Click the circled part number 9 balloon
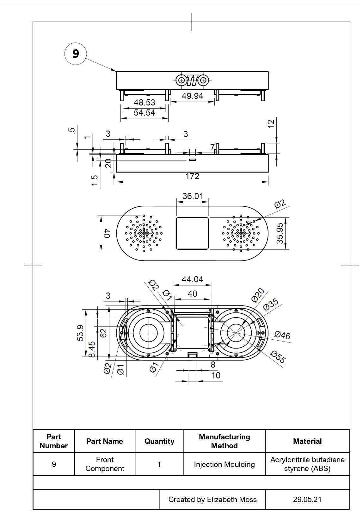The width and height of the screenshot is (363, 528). point(76,53)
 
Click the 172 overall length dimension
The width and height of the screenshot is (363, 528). point(192,176)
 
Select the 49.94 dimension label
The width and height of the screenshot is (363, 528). point(192,96)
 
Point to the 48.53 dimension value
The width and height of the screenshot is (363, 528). point(145,103)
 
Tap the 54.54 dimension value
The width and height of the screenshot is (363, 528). point(145,113)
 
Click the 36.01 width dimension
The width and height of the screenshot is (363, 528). point(193,196)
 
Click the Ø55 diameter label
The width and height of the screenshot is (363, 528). point(278,357)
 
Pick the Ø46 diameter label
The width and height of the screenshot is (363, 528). point(282,335)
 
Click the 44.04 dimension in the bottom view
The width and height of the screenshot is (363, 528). point(192,280)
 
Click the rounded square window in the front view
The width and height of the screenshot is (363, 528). point(192,233)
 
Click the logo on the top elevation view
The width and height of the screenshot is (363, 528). point(192,80)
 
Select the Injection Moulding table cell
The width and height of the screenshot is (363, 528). point(224,464)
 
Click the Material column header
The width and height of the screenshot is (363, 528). point(307,441)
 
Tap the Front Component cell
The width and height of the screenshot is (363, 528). point(105,464)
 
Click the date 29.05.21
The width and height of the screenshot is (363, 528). point(307,500)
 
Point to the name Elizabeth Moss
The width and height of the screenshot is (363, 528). point(232,500)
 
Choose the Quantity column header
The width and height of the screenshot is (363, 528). point(159,441)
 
